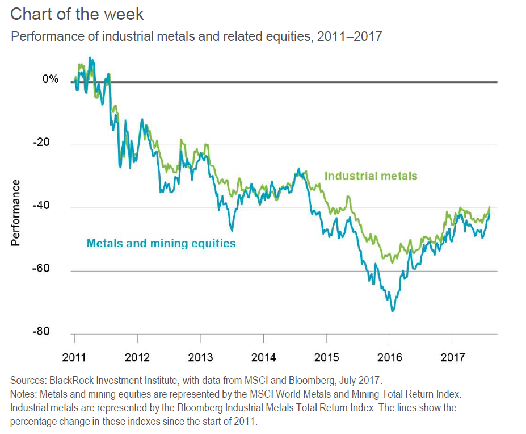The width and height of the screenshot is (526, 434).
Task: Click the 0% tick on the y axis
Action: coord(50,80)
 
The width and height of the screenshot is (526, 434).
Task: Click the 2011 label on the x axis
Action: coord(74,358)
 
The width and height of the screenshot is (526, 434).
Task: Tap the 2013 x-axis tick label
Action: coord(200,358)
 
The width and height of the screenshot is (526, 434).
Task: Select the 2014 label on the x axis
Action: coord(263,358)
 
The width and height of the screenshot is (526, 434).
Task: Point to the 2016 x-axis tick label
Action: coord(389,358)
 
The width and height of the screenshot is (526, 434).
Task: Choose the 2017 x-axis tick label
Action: coord(452,358)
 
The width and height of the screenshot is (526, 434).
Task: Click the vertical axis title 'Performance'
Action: coord(15,213)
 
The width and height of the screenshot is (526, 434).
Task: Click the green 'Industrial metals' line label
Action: coord(371,176)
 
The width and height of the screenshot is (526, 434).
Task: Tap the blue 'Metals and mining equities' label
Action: coord(161,244)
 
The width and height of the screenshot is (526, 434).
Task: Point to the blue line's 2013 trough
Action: coord(232,230)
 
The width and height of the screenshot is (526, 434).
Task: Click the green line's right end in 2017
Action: coord(489,207)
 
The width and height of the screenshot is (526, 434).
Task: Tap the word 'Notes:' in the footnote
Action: coord(24,394)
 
